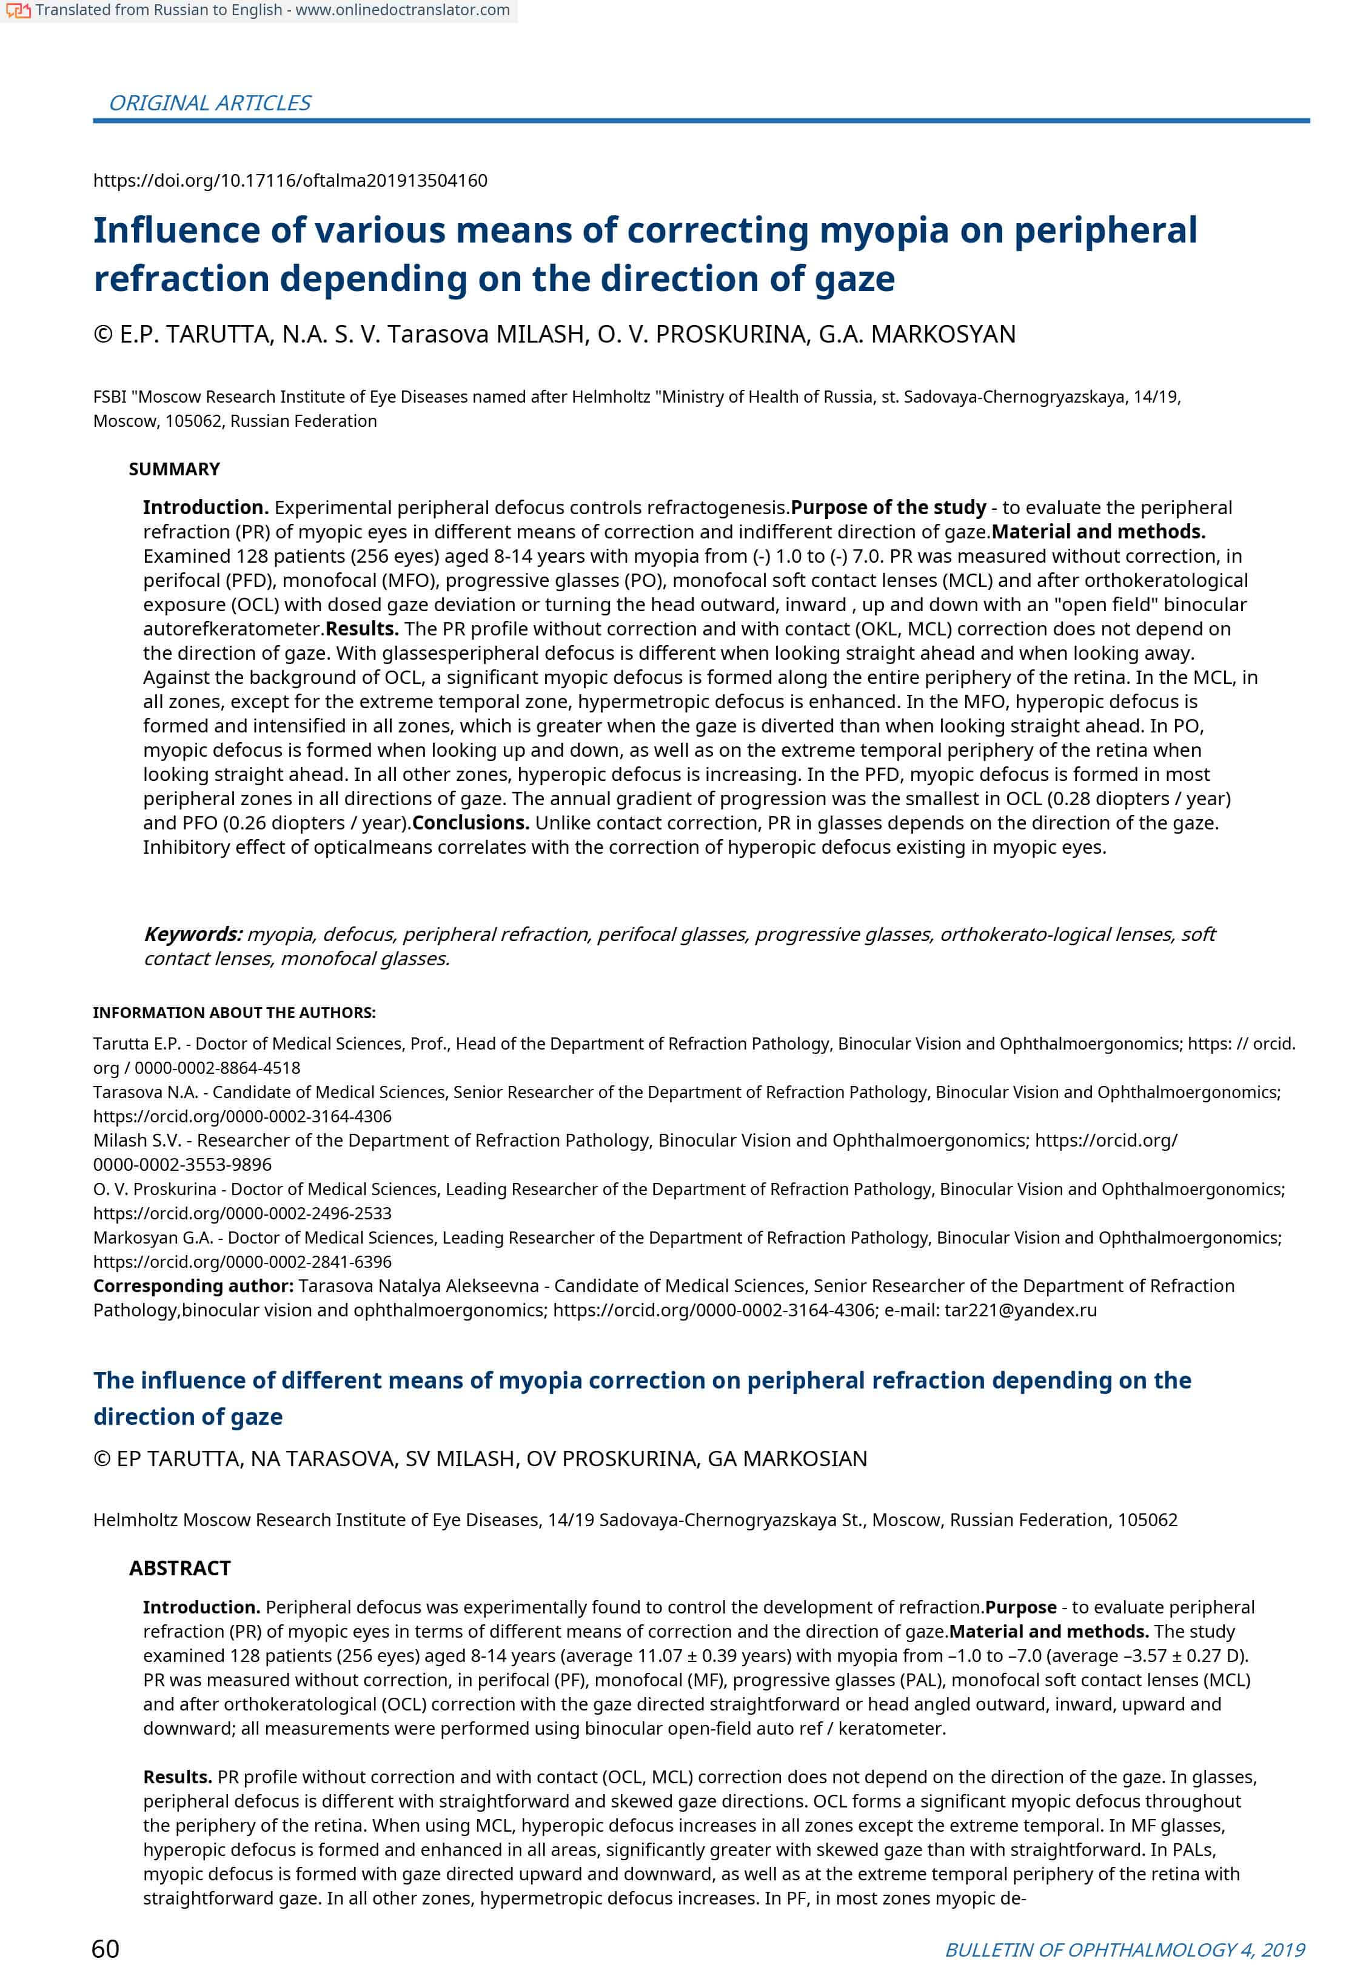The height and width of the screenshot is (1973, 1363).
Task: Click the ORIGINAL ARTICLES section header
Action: coord(209,102)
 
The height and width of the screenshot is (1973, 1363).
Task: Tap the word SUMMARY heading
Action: coord(174,469)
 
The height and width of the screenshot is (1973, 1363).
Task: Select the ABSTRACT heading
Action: coord(179,1568)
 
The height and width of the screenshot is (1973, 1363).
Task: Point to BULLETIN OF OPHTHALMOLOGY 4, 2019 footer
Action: coord(1124,1949)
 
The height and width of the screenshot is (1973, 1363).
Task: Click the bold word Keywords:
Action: coord(193,934)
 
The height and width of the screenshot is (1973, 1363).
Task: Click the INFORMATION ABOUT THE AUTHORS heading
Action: coord(234,1012)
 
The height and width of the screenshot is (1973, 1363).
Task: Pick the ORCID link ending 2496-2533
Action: coord(242,1213)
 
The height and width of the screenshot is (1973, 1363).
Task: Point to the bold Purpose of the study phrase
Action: coord(888,507)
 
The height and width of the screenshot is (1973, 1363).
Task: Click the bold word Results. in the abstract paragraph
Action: coord(178,1777)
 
